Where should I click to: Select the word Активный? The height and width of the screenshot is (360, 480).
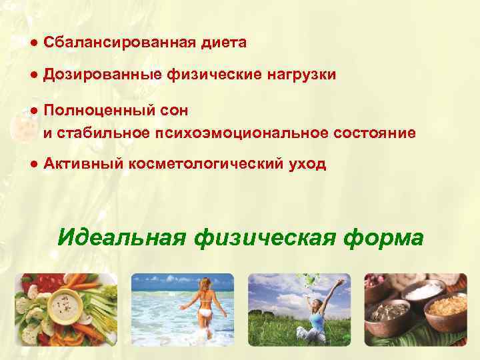pyautogui.click(x=78, y=165)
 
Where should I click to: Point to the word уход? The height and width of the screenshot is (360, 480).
pyautogui.click(x=307, y=165)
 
